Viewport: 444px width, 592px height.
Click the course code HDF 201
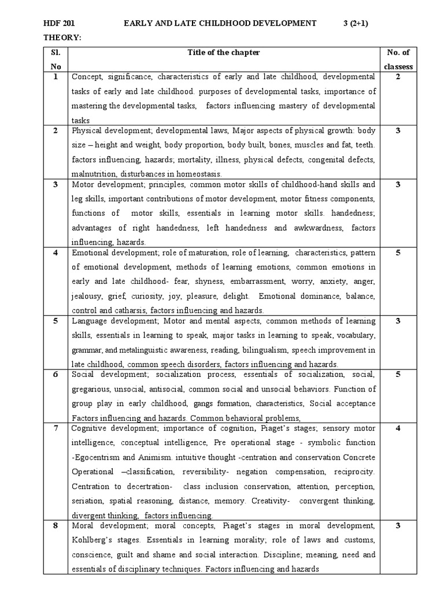[60, 23]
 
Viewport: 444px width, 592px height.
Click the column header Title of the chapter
[223, 53]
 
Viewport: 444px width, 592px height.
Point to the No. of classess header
[398, 60]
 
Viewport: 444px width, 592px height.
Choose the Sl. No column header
[55, 60]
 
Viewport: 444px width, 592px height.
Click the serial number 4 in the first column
[55, 252]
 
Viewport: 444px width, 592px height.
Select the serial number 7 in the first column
[55, 428]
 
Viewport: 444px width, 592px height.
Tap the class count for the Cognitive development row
[398, 428]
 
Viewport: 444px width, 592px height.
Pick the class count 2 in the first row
[398, 76]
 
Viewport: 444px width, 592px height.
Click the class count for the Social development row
[398, 374]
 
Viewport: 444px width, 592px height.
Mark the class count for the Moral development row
[398, 526]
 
